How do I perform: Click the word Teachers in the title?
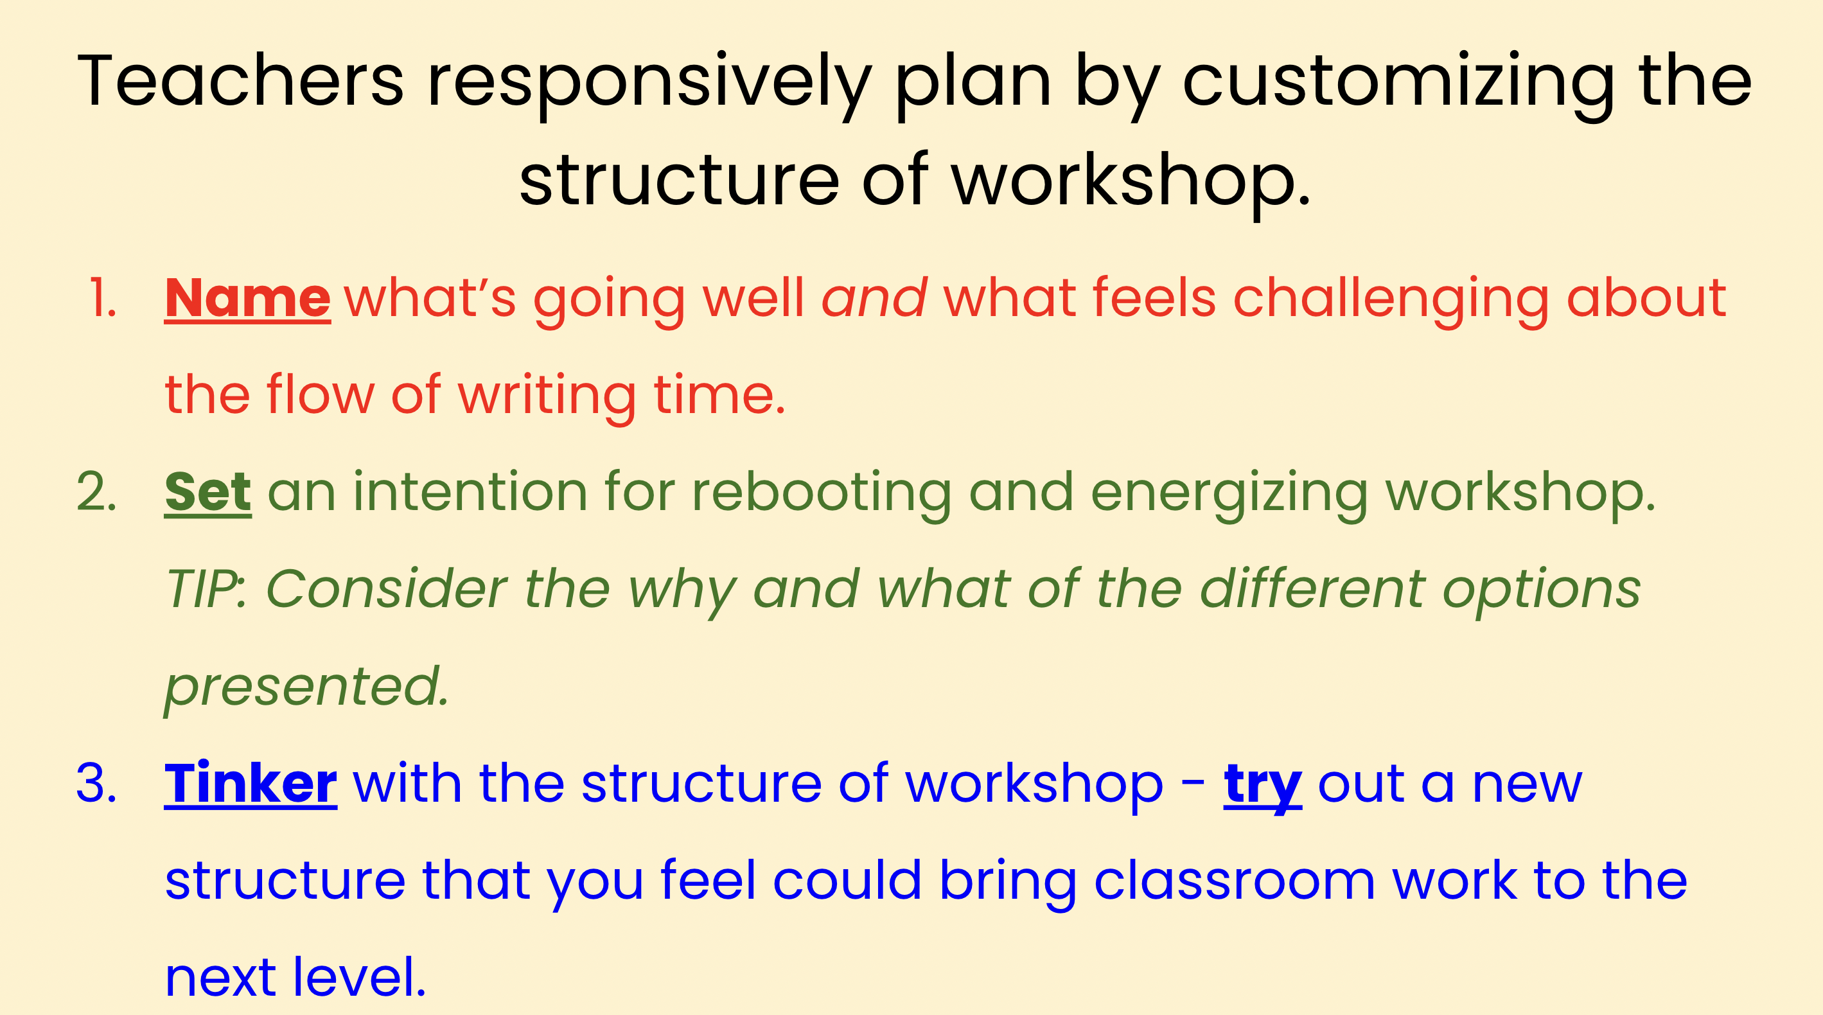[x=241, y=81]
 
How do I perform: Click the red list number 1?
[x=103, y=298]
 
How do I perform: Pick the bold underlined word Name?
[x=248, y=299]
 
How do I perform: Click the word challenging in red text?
[x=1391, y=301]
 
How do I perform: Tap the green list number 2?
[x=97, y=492]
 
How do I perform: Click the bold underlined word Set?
[x=208, y=493]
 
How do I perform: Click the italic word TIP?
[x=201, y=590]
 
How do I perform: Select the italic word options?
[x=1542, y=592]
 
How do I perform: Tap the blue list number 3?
[x=97, y=784]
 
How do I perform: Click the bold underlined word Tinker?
[x=251, y=784]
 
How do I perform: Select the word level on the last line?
[x=360, y=978]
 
